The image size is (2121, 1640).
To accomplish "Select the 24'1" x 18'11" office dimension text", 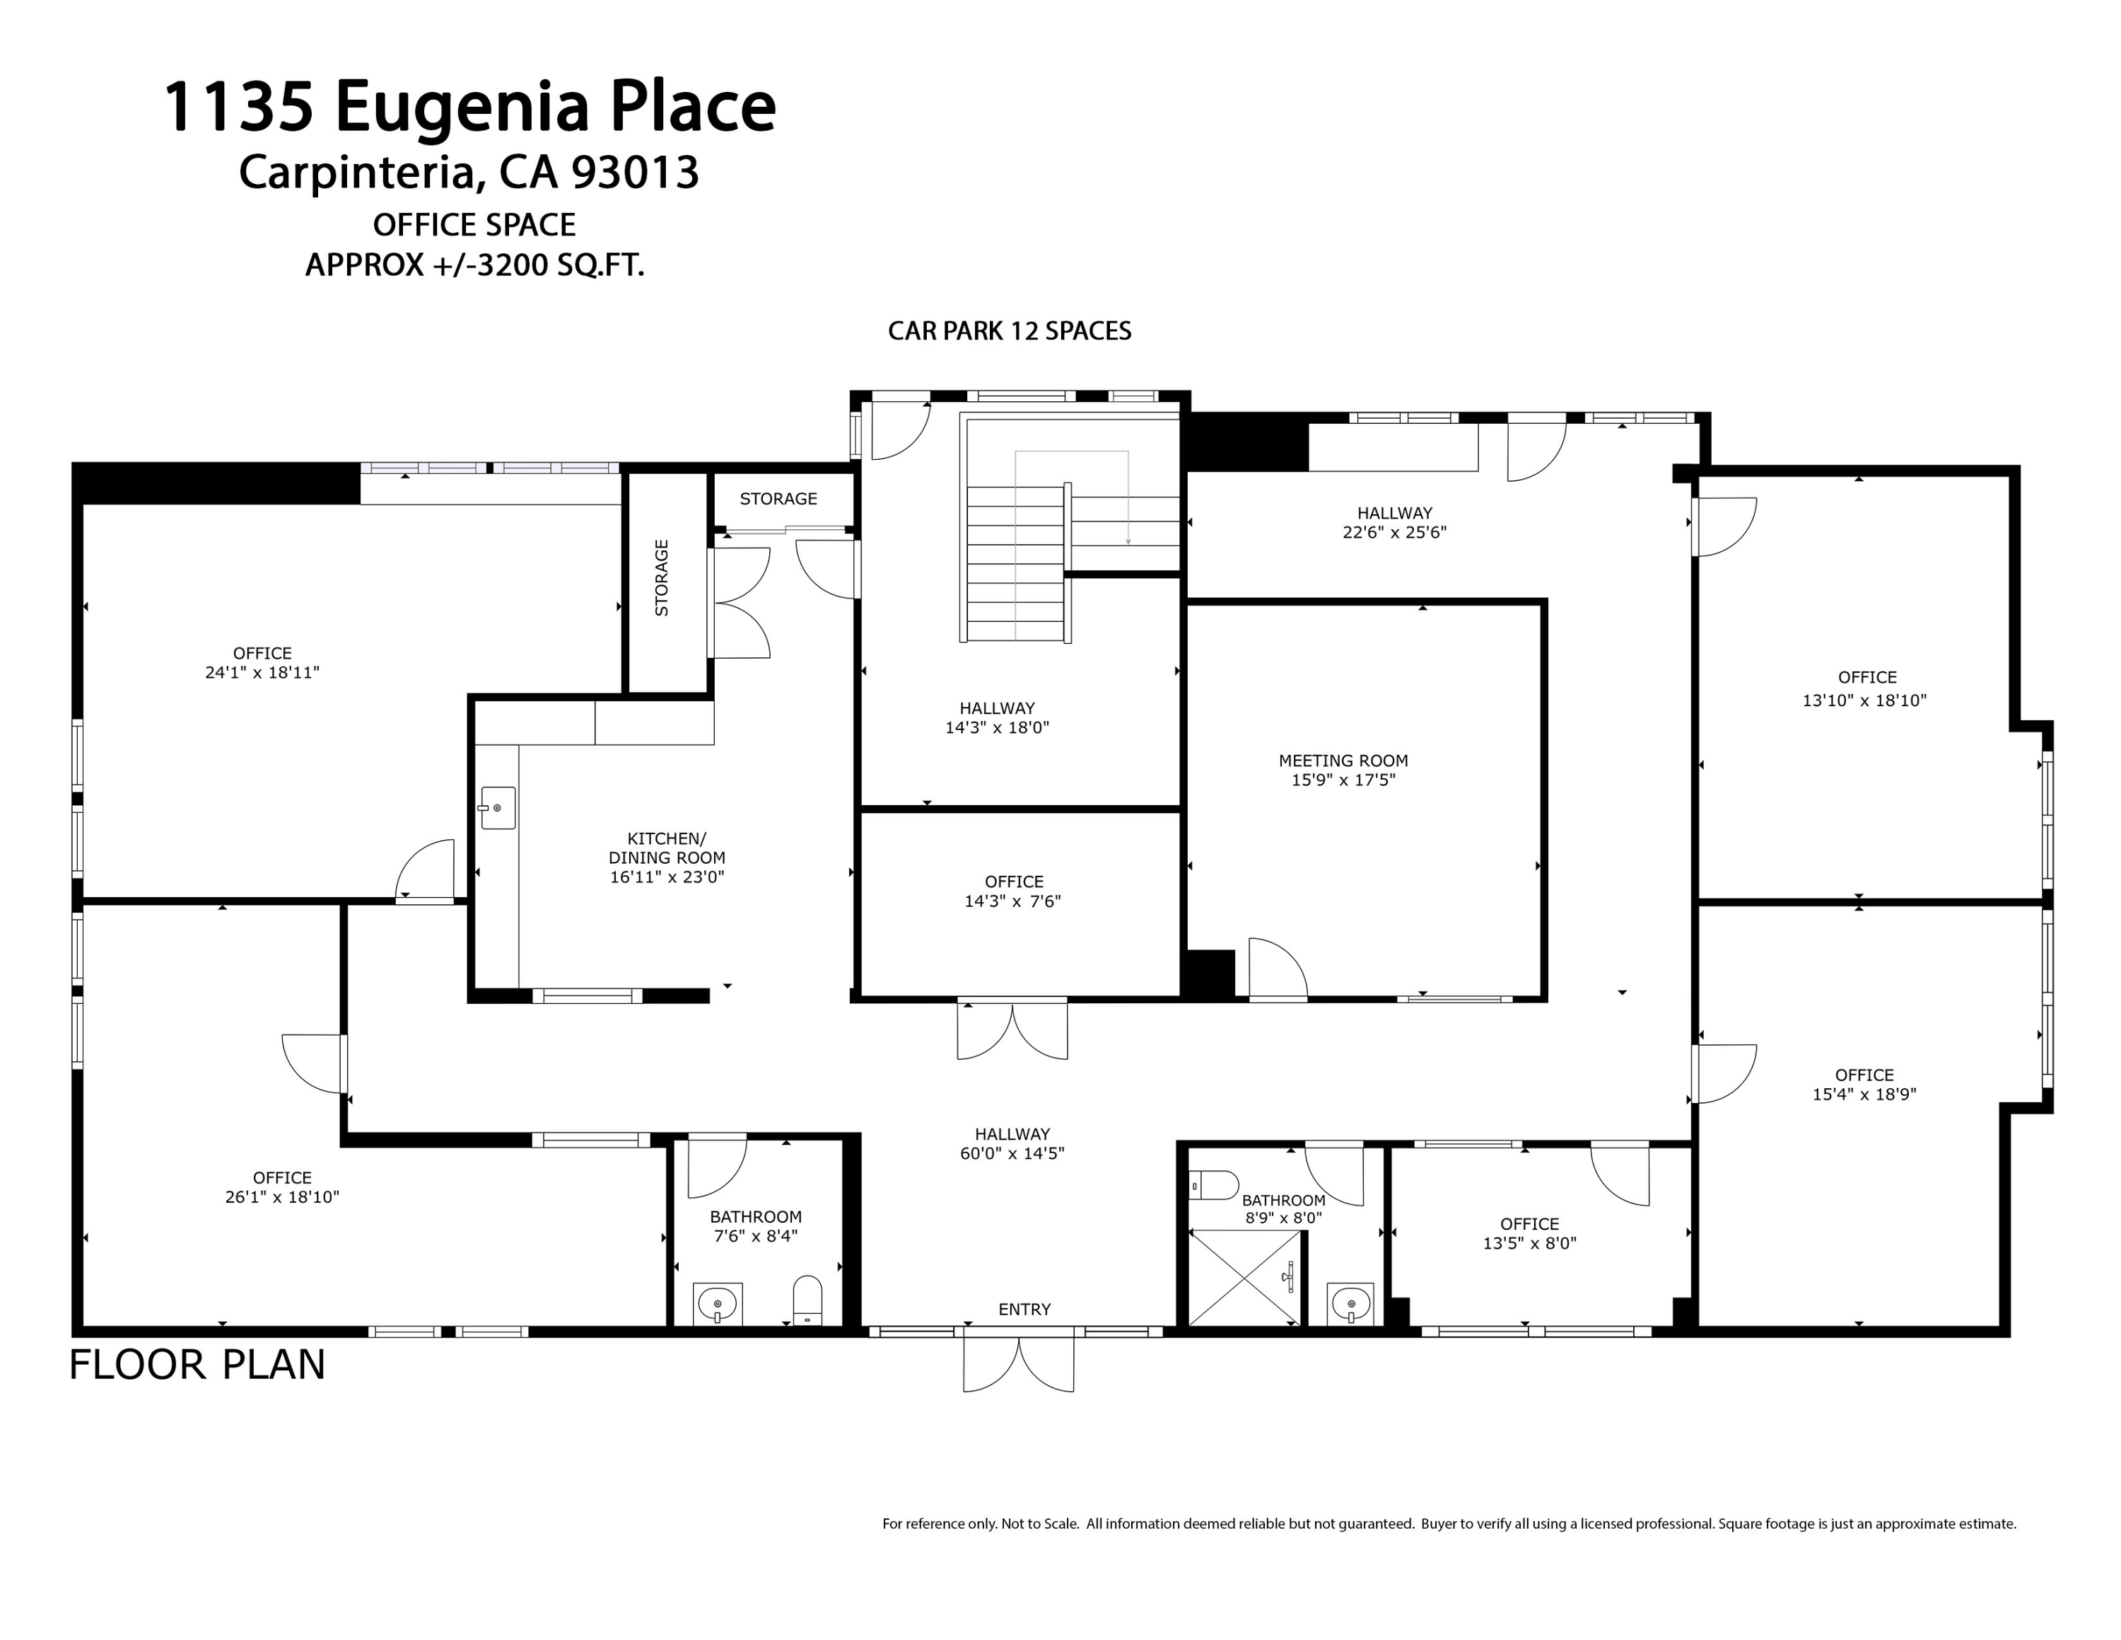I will tap(262, 672).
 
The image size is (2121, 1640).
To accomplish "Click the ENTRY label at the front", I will tap(1024, 1309).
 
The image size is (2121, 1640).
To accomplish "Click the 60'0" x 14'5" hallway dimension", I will tap(1012, 1153).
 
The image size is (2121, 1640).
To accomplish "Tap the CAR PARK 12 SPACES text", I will tap(1009, 331).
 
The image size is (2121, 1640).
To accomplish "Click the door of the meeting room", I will tap(1276, 969).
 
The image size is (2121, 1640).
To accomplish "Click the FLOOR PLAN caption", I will tap(197, 1365).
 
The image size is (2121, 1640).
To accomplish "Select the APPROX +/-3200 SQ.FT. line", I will tap(475, 265).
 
